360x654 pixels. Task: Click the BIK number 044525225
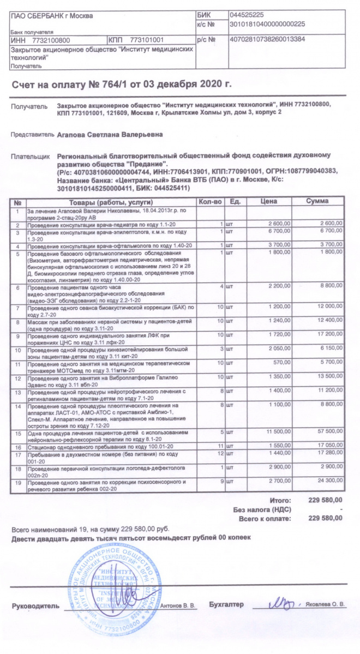point(248,15)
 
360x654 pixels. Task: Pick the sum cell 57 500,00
point(328,431)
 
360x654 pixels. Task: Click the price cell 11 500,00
point(276,431)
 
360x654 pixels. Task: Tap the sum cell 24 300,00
point(328,482)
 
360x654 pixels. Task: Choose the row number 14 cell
point(18,406)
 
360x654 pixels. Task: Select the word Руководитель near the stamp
point(34,605)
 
